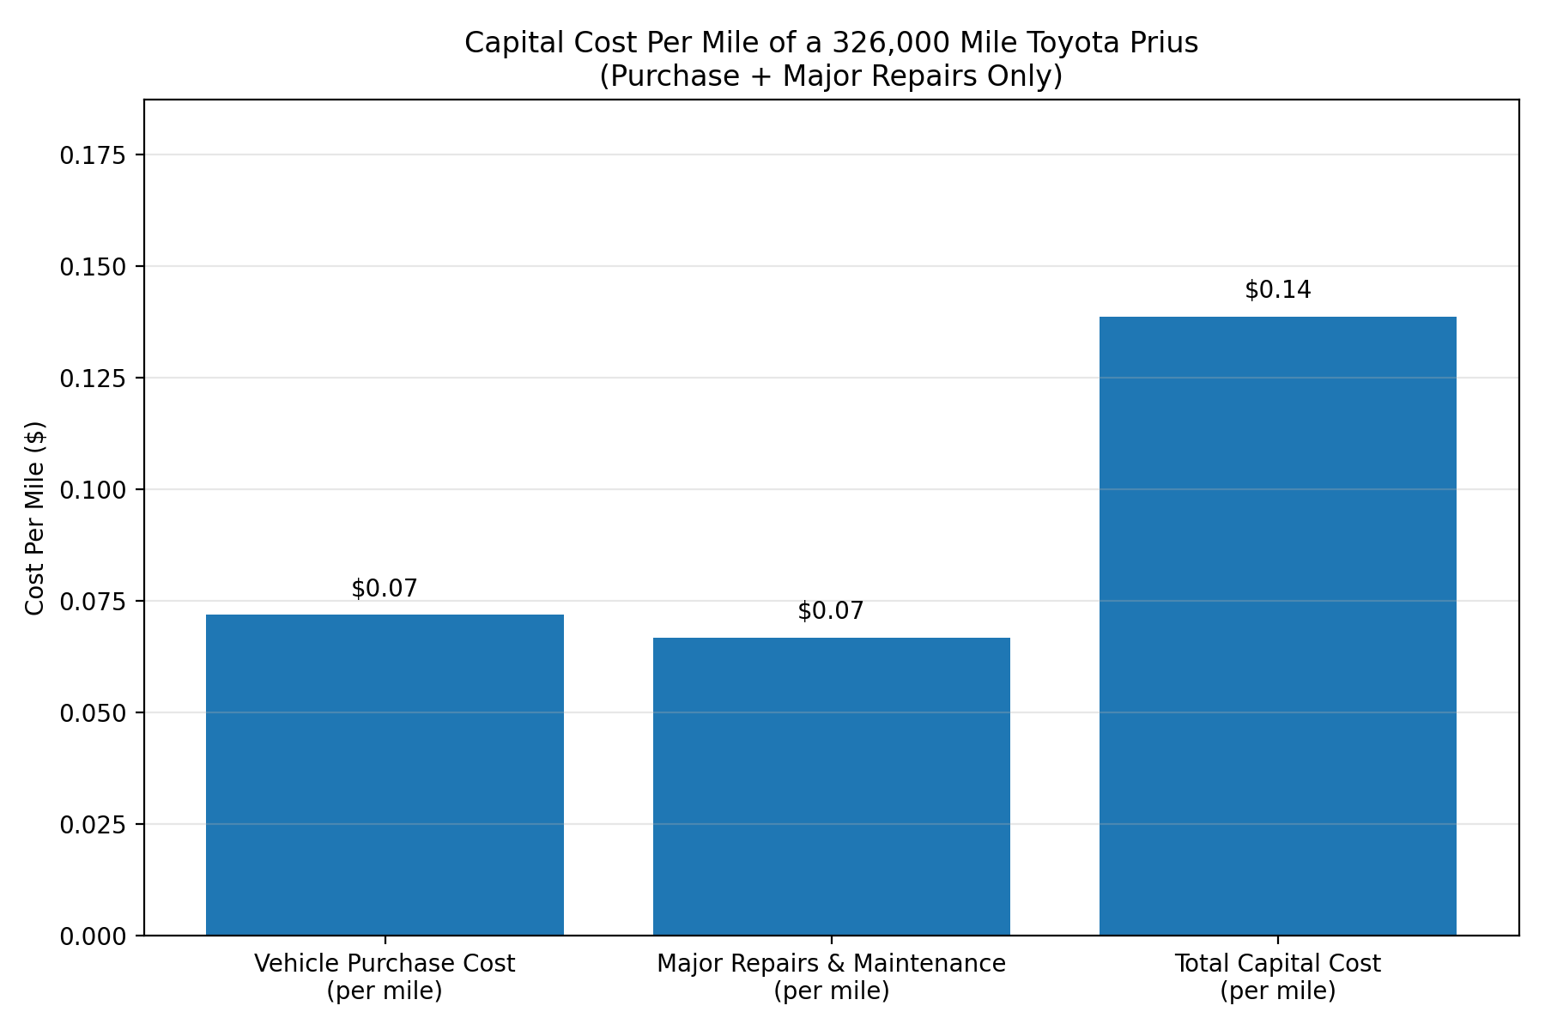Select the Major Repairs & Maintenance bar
click(831, 785)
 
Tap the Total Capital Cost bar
click(1277, 626)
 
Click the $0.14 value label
click(1277, 290)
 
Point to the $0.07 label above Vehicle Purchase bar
click(385, 589)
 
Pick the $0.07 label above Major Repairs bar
click(831, 611)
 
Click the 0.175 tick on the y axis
click(91, 155)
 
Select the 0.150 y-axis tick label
click(91, 267)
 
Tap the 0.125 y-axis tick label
click(91, 379)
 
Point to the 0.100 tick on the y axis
click(91, 490)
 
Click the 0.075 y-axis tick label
click(91, 602)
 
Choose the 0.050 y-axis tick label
click(91, 713)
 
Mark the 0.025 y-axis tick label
click(91, 825)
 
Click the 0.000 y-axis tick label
click(91, 936)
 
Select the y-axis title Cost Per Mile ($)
click(34, 518)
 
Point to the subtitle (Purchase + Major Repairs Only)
click(831, 76)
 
